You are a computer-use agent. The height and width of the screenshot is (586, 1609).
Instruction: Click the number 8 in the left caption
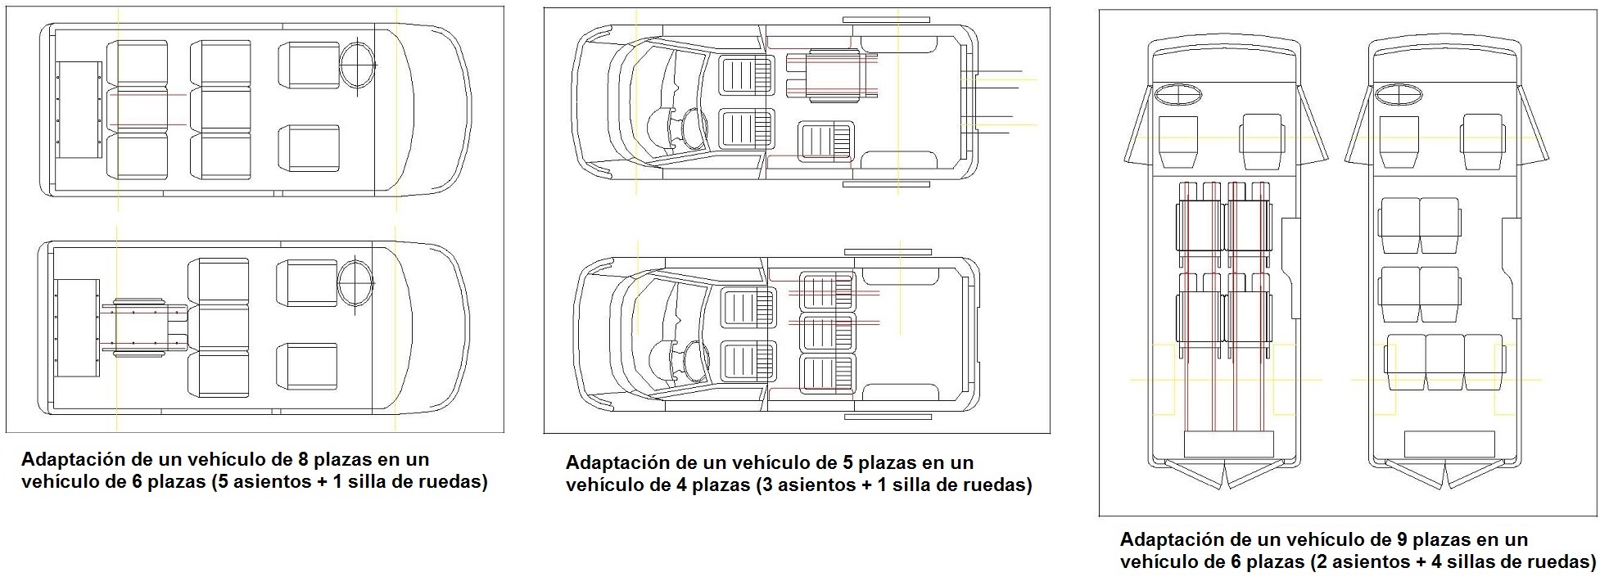306,459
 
